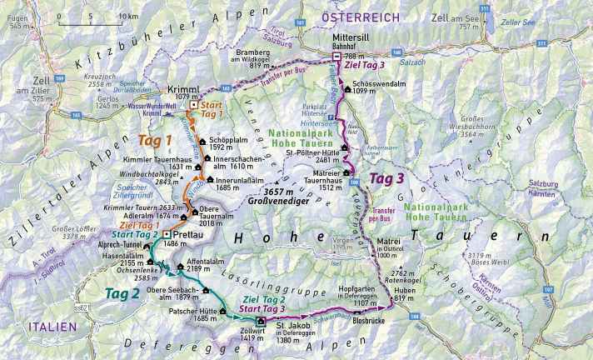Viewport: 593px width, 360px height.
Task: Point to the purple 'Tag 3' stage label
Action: click(x=388, y=178)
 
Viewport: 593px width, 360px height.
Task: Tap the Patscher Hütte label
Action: click(x=192, y=312)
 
